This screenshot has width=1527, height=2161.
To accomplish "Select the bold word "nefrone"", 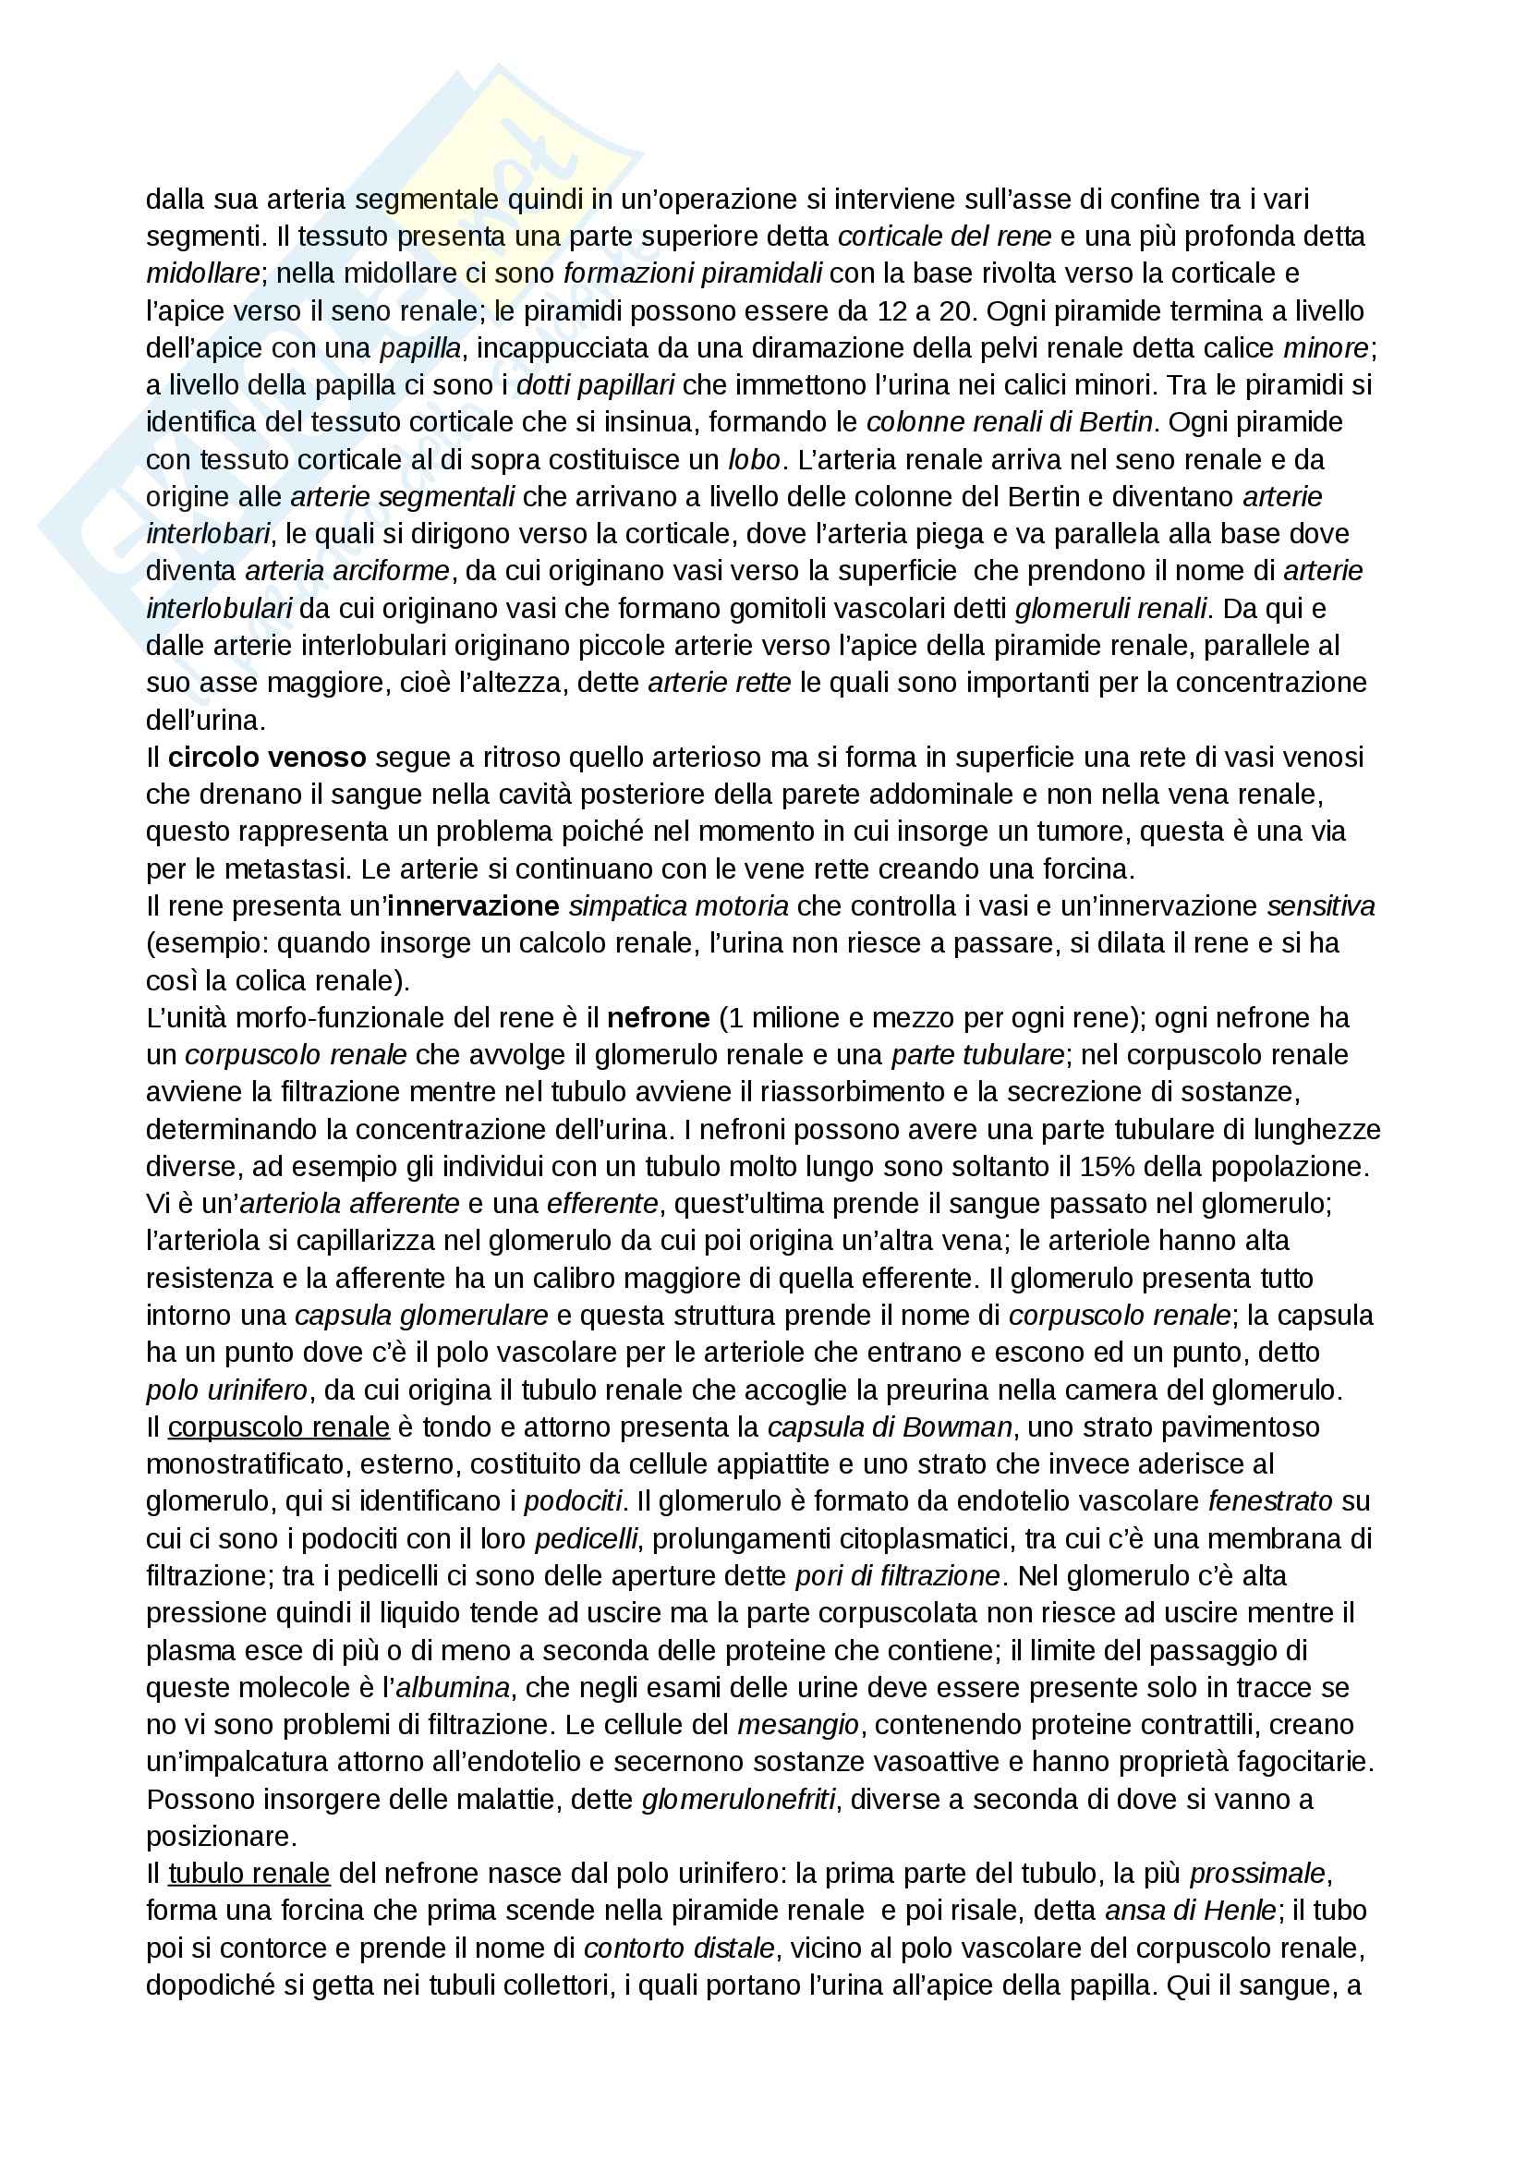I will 659,1017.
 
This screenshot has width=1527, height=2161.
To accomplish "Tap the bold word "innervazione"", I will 473,906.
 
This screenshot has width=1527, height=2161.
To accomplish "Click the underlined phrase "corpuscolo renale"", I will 278,1427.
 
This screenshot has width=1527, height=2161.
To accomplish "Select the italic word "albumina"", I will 454,1688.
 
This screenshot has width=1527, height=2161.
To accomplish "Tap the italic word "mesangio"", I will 798,1725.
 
